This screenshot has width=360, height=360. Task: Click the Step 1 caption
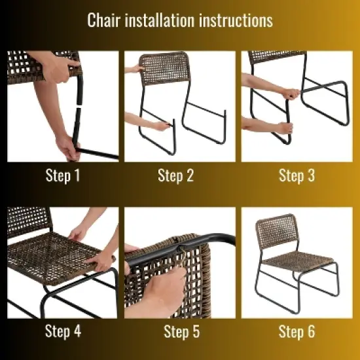(x=63, y=175)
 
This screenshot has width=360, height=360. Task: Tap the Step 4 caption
(x=63, y=332)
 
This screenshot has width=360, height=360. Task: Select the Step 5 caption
(x=181, y=332)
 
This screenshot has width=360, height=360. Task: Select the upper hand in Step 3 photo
(x=289, y=94)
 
